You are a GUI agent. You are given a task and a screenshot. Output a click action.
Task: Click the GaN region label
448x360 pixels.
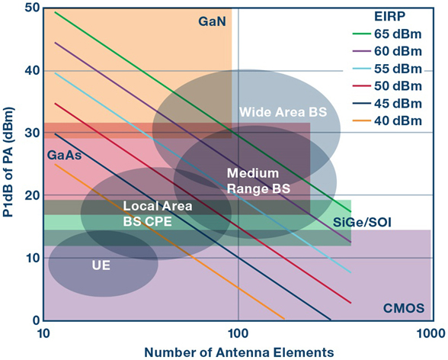212,21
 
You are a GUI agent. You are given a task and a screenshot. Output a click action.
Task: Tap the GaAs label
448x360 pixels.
64,156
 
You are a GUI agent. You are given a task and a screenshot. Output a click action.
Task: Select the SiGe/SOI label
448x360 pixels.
362,222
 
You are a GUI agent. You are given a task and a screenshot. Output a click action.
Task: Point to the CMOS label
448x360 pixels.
404,308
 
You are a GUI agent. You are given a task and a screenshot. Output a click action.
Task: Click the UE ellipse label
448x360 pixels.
101,265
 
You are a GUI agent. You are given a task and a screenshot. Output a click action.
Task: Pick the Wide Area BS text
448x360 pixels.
283,112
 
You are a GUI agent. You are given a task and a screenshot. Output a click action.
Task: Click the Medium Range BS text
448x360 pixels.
258,181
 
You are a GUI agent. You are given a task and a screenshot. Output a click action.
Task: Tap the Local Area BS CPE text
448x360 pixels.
158,214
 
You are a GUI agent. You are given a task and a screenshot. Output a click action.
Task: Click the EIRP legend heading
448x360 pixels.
390,17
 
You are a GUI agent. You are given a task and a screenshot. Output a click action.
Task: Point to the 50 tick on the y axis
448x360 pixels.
32,8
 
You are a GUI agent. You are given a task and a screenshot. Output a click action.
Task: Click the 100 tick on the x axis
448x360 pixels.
238,333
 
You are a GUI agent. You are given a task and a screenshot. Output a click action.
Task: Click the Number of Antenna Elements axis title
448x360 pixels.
239,352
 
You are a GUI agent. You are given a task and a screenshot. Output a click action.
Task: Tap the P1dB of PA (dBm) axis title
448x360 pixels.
8,162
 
